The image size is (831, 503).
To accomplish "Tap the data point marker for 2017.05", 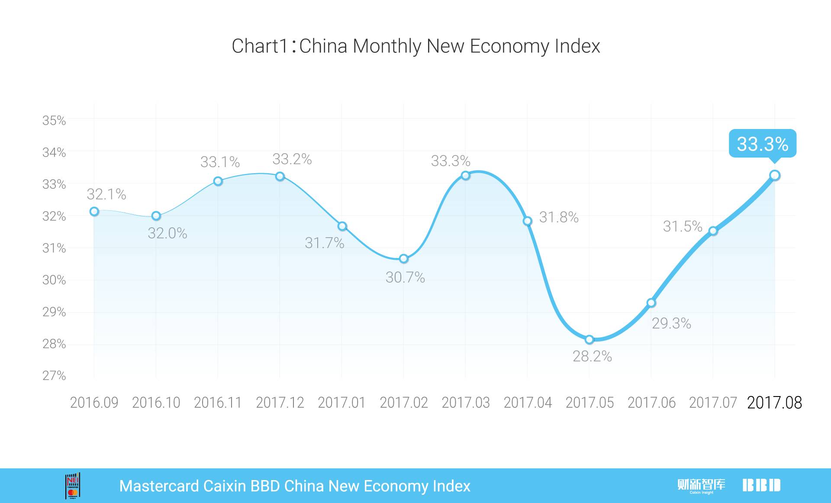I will pyautogui.click(x=589, y=339).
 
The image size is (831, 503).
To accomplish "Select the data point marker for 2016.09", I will pyautogui.click(x=94, y=211).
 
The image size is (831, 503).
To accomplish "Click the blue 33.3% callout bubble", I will pyautogui.click(x=762, y=144).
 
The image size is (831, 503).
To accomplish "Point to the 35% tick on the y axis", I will pyautogui.click(x=54, y=120).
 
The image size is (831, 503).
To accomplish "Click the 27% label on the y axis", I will pyautogui.click(x=54, y=375).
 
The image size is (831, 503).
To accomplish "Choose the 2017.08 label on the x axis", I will pyautogui.click(x=774, y=403).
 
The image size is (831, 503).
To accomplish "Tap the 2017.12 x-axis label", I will pyautogui.click(x=280, y=403).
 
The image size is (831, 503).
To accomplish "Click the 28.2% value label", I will pyautogui.click(x=592, y=356).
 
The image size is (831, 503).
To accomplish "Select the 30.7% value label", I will pyautogui.click(x=405, y=277).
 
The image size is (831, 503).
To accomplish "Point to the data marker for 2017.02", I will pyautogui.click(x=403, y=259).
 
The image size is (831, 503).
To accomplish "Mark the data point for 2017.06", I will pyautogui.click(x=651, y=303).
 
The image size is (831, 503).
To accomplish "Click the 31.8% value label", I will pyautogui.click(x=559, y=217).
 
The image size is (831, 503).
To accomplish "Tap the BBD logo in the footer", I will pyautogui.click(x=761, y=485).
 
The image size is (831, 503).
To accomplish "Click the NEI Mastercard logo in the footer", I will pyautogui.click(x=73, y=486).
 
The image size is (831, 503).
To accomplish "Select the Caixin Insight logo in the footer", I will pyautogui.click(x=701, y=486).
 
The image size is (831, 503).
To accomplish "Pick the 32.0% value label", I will pyautogui.click(x=167, y=233).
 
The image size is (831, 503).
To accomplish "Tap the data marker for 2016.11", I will pyautogui.click(x=218, y=181).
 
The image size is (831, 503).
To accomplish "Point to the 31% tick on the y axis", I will pyautogui.click(x=54, y=248).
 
